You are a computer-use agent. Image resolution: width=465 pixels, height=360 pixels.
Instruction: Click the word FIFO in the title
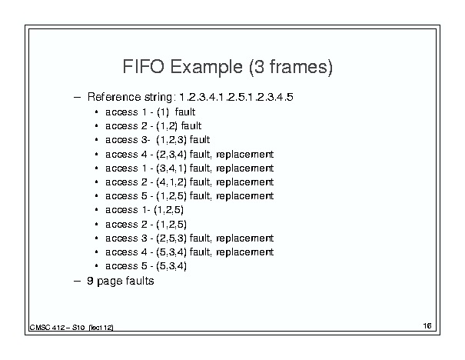pos(143,66)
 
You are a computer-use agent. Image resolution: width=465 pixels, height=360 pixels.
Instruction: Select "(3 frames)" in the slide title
pos(291,68)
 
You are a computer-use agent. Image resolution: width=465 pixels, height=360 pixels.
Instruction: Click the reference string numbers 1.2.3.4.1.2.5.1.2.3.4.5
pos(237,97)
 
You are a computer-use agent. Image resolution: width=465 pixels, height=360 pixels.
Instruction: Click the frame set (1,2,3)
pos(171,140)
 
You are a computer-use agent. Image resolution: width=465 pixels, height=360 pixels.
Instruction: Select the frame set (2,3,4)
pos(171,155)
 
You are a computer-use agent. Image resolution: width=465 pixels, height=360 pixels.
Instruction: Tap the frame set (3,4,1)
pos(171,168)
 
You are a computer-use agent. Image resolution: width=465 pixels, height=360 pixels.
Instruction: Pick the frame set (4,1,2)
pos(171,182)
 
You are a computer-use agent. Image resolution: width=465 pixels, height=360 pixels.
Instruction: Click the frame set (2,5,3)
pos(171,238)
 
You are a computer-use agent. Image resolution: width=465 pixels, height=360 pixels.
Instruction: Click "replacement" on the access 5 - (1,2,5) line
pos(244,196)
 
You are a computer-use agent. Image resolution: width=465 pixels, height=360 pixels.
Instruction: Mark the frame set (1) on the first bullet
pos(163,112)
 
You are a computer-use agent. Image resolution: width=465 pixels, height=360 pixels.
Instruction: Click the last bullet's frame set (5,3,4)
pos(171,266)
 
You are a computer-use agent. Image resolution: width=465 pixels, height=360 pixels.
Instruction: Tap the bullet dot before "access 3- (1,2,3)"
pos(96,140)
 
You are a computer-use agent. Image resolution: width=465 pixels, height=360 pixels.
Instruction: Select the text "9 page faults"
pos(121,281)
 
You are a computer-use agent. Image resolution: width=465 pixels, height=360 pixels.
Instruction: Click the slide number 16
pos(427,326)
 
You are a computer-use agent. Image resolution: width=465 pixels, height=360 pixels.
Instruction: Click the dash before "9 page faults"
pos(77,281)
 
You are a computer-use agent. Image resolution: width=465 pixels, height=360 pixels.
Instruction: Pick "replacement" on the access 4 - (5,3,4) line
pos(244,252)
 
